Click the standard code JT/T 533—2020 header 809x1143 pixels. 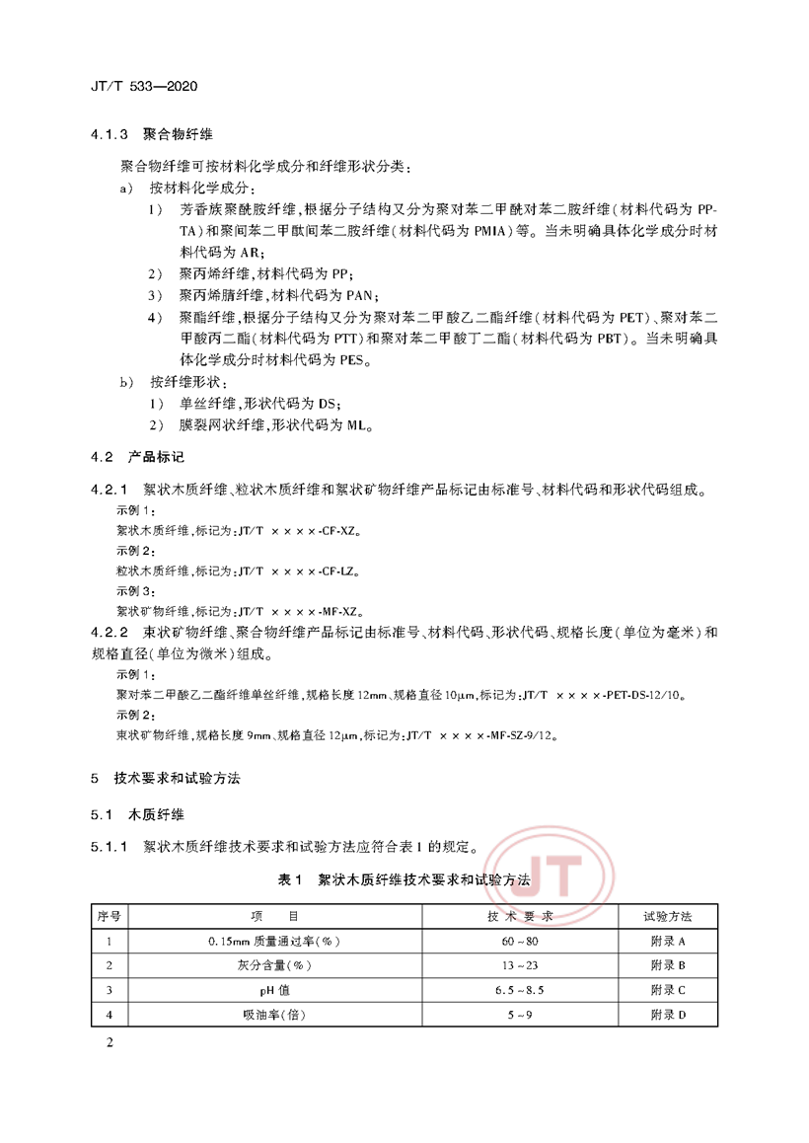pyautogui.click(x=137, y=87)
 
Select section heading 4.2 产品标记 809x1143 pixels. pyautogui.click(x=137, y=457)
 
